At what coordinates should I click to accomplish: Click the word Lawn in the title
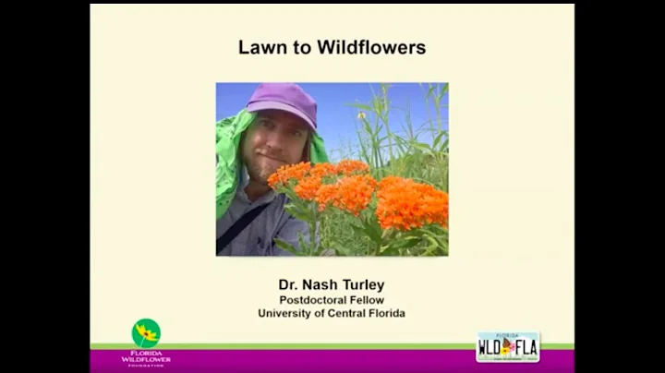pos(263,47)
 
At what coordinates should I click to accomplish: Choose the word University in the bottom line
pos(289,313)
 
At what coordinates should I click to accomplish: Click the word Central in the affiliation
pos(355,313)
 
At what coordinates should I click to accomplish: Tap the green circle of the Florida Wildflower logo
pos(146,332)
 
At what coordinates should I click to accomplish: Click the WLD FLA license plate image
pos(508,347)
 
